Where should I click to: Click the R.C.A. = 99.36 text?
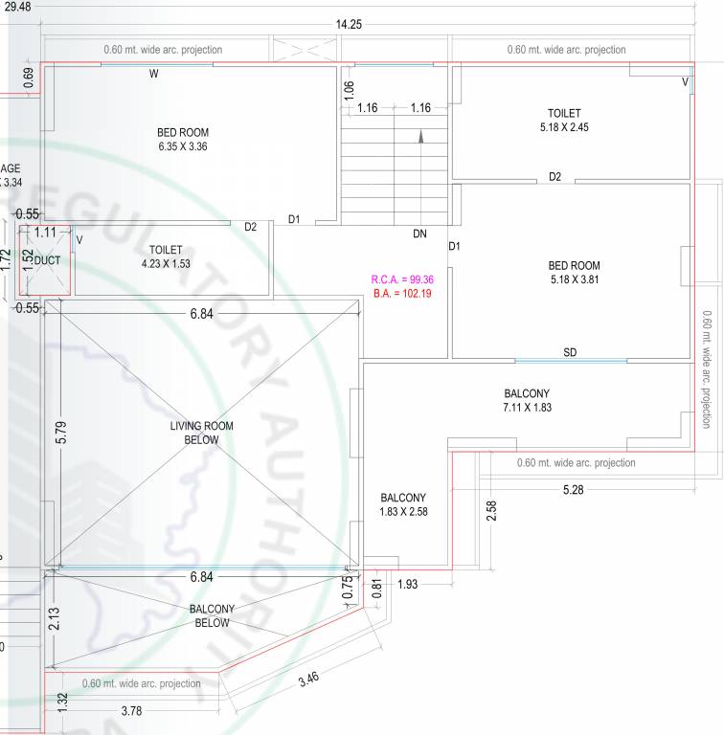(x=402, y=279)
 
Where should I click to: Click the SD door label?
(x=570, y=352)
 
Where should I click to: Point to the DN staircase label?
(x=419, y=234)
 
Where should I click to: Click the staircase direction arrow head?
(x=420, y=136)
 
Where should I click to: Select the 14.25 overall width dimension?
(x=349, y=25)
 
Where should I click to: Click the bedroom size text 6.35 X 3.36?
(x=183, y=146)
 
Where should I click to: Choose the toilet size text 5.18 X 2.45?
(x=564, y=126)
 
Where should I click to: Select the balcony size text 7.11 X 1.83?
(x=527, y=407)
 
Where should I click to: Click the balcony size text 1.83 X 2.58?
(x=403, y=512)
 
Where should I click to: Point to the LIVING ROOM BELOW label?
(x=202, y=433)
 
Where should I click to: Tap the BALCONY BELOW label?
(x=212, y=615)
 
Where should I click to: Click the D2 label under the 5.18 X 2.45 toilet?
(x=554, y=177)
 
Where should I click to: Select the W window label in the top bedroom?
(x=153, y=74)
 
